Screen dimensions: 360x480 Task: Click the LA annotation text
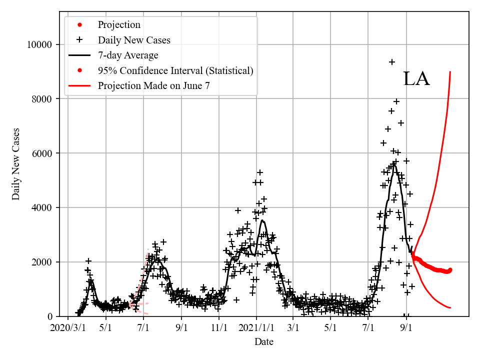point(416,79)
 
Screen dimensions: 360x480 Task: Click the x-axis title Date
point(263,342)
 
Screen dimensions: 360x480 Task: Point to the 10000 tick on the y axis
point(39,45)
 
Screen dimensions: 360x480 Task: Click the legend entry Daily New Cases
point(134,40)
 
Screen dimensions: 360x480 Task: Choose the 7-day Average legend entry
point(128,55)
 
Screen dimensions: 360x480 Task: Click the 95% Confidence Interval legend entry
point(175,70)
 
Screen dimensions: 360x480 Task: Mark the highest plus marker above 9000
point(392,62)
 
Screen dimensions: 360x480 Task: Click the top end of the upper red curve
point(450,71)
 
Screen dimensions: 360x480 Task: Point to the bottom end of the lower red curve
point(450,307)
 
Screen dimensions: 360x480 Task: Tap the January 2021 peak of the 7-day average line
point(262,220)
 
